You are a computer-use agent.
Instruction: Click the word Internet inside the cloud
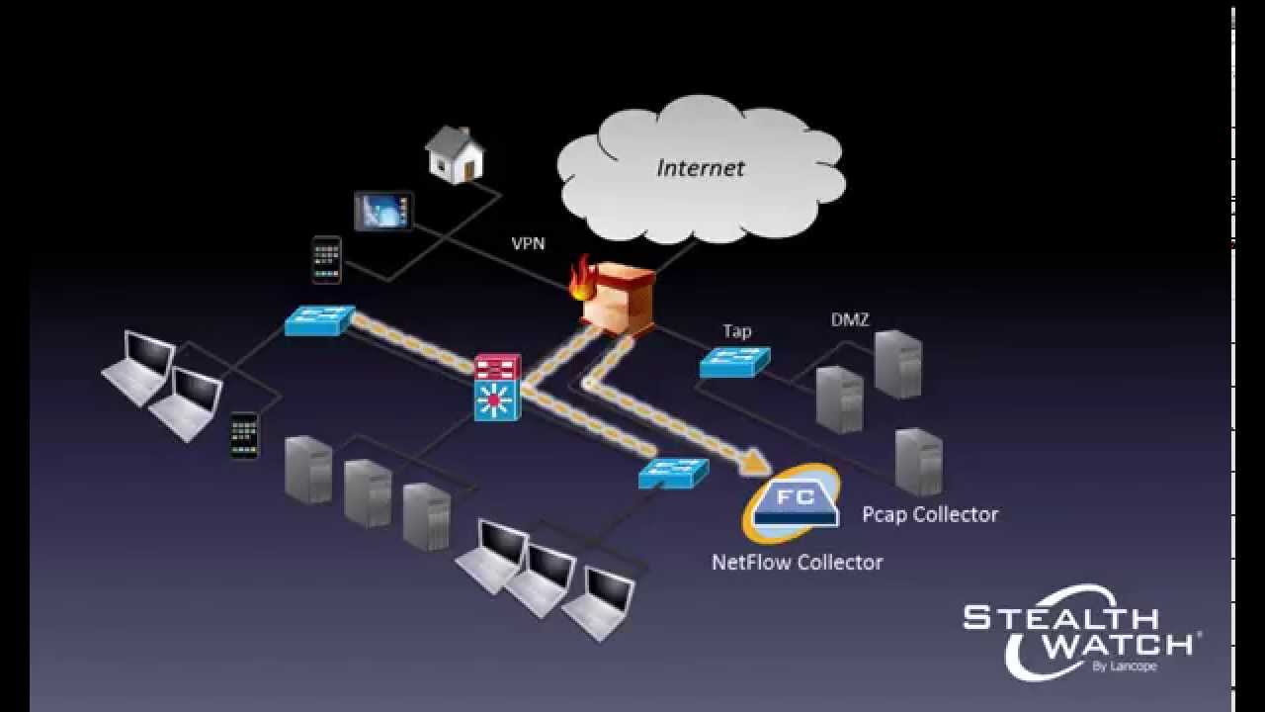[x=700, y=167]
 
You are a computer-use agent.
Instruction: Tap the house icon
[x=455, y=154]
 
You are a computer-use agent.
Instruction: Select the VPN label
[x=528, y=243]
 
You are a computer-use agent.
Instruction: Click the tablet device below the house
[x=383, y=211]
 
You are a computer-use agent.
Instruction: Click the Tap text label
[x=736, y=331]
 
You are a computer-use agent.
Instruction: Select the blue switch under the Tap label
[x=734, y=363]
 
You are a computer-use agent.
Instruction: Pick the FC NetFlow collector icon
[x=794, y=502]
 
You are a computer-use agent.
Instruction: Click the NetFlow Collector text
[x=797, y=563]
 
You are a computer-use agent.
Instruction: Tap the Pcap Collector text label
[x=929, y=514]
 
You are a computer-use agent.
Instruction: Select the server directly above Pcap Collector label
[x=918, y=462]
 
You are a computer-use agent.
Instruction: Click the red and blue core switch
[x=497, y=388]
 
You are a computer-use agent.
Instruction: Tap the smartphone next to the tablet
[x=326, y=260]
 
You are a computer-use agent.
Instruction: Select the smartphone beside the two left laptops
[x=244, y=435]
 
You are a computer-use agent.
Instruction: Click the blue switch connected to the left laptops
[x=319, y=320]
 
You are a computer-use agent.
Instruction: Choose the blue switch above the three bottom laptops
[x=673, y=473]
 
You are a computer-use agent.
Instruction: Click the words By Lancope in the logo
[x=1124, y=667]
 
